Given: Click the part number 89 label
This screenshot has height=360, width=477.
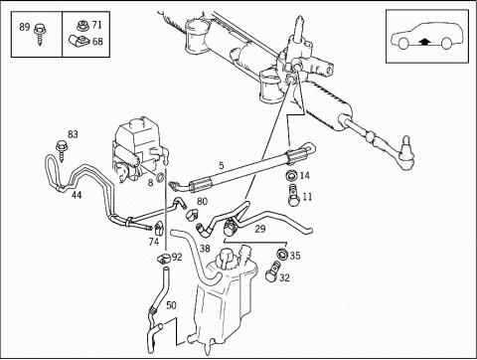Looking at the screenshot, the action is (25, 27).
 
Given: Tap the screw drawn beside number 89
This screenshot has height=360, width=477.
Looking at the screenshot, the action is (40, 34).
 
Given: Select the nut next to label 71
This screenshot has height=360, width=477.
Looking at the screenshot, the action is (81, 26).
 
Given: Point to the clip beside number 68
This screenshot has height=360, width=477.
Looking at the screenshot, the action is (79, 41).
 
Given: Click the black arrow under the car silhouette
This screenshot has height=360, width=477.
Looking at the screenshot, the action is (424, 42).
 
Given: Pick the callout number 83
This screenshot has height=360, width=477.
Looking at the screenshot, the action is (73, 134).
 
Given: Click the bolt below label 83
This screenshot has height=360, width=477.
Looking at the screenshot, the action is (62, 150).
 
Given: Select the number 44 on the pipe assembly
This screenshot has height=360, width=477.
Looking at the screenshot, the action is (77, 195).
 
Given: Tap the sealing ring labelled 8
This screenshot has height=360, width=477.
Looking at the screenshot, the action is (160, 178).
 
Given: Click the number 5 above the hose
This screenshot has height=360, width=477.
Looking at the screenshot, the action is (222, 166).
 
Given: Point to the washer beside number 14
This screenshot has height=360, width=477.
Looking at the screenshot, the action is (291, 175).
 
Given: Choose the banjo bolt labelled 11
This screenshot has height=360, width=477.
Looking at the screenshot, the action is (293, 195).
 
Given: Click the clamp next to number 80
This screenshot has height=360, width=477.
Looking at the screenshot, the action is (192, 215).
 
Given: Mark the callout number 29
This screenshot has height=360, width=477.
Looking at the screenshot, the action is (260, 229).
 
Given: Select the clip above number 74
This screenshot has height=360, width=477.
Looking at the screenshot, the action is (159, 228).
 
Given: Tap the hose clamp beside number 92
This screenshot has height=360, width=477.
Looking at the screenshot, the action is (164, 258).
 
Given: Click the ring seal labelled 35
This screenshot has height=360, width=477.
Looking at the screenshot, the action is (282, 255).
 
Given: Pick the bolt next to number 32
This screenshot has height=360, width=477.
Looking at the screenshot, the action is (272, 271).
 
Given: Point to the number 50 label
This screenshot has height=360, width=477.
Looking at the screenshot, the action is (171, 305).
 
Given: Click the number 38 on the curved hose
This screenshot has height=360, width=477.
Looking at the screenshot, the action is (205, 249).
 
